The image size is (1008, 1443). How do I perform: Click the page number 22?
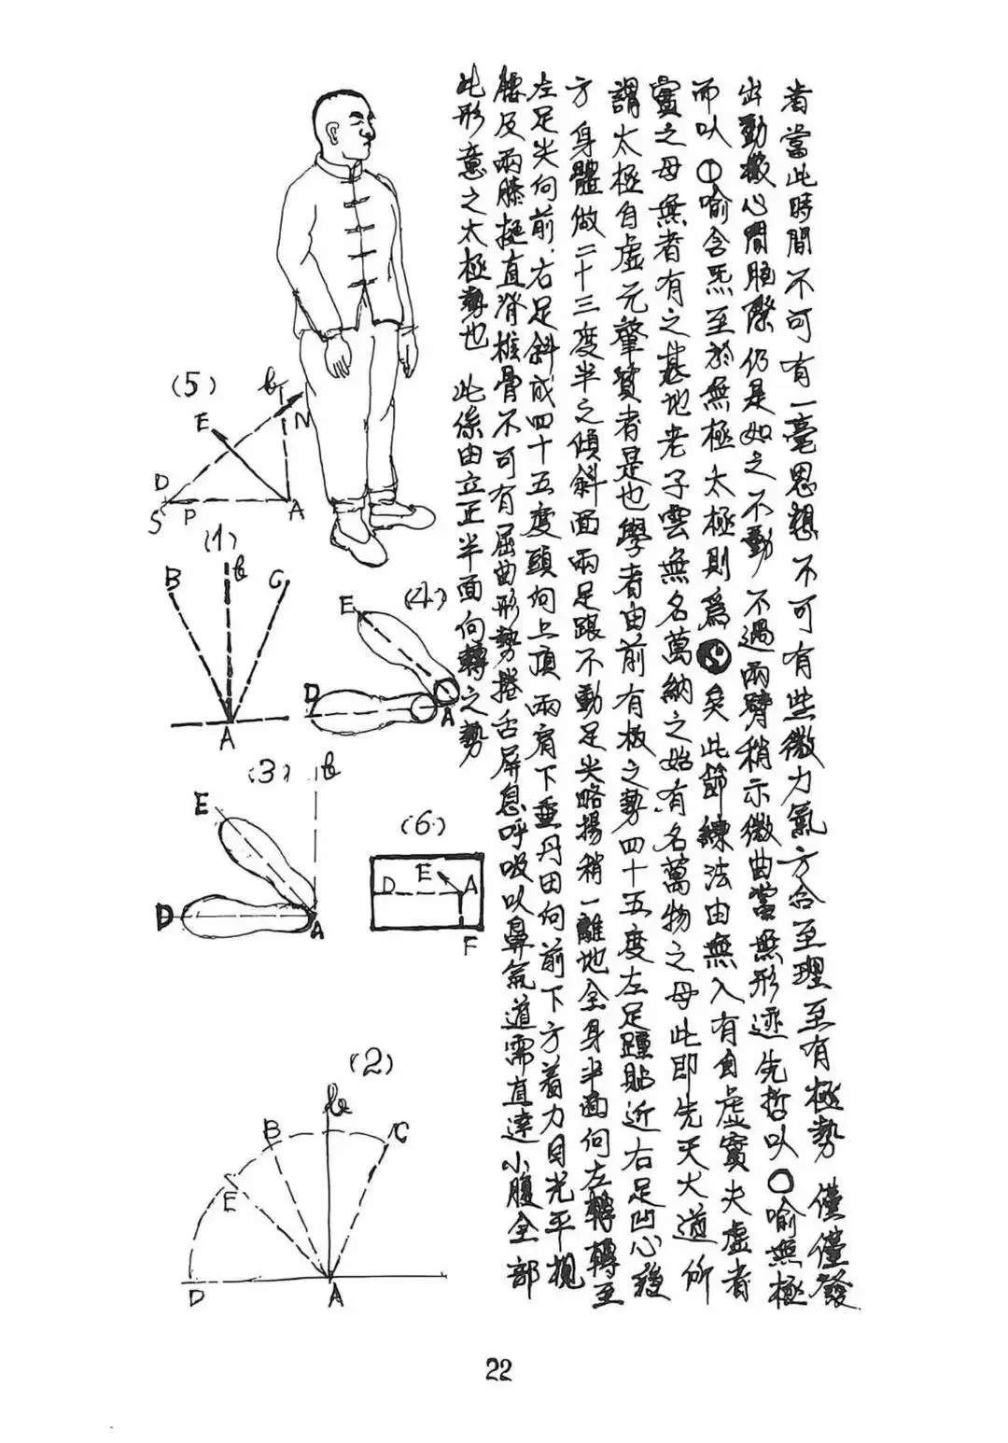tap(498, 1369)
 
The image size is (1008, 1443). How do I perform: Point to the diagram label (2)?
tap(370, 1062)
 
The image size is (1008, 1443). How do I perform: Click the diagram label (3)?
tap(271, 773)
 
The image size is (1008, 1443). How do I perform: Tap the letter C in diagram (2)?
tap(400, 1133)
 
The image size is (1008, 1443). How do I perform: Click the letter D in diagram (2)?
tap(196, 1298)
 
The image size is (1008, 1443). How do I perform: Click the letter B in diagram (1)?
tap(171, 579)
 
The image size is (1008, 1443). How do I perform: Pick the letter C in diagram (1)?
tap(276, 581)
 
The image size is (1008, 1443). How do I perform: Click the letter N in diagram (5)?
tap(302, 421)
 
